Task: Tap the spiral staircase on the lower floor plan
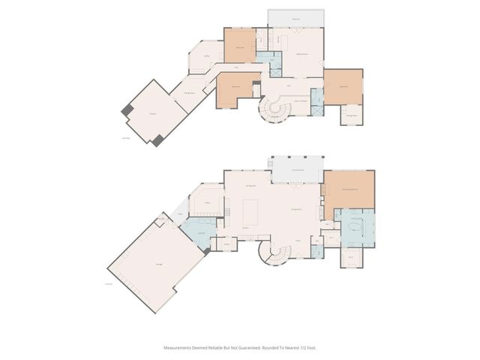[x=274, y=253]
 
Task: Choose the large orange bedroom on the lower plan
[x=349, y=190]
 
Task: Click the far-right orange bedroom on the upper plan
[x=343, y=87]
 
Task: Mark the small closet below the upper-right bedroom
[x=352, y=115]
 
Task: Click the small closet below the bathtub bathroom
[x=353, y=259]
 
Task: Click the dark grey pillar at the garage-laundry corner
[x=207, y=251]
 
